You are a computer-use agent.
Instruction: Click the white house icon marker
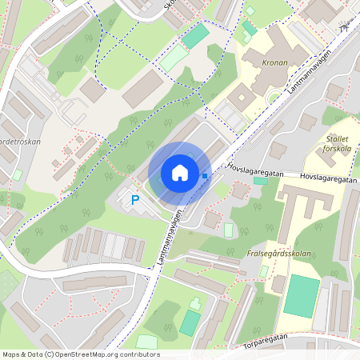[x=179, y=172]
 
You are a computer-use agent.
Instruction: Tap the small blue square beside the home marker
[x=206, y=175]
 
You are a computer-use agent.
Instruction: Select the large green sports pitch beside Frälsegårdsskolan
[x=301, y=294]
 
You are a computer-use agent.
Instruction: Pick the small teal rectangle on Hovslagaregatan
[x=261, y=181]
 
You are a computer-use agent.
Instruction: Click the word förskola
[x=338, y=147]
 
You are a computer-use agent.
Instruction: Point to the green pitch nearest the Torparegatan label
[x=190, y=322]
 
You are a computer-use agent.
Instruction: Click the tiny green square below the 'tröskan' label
[x=18, y=174]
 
